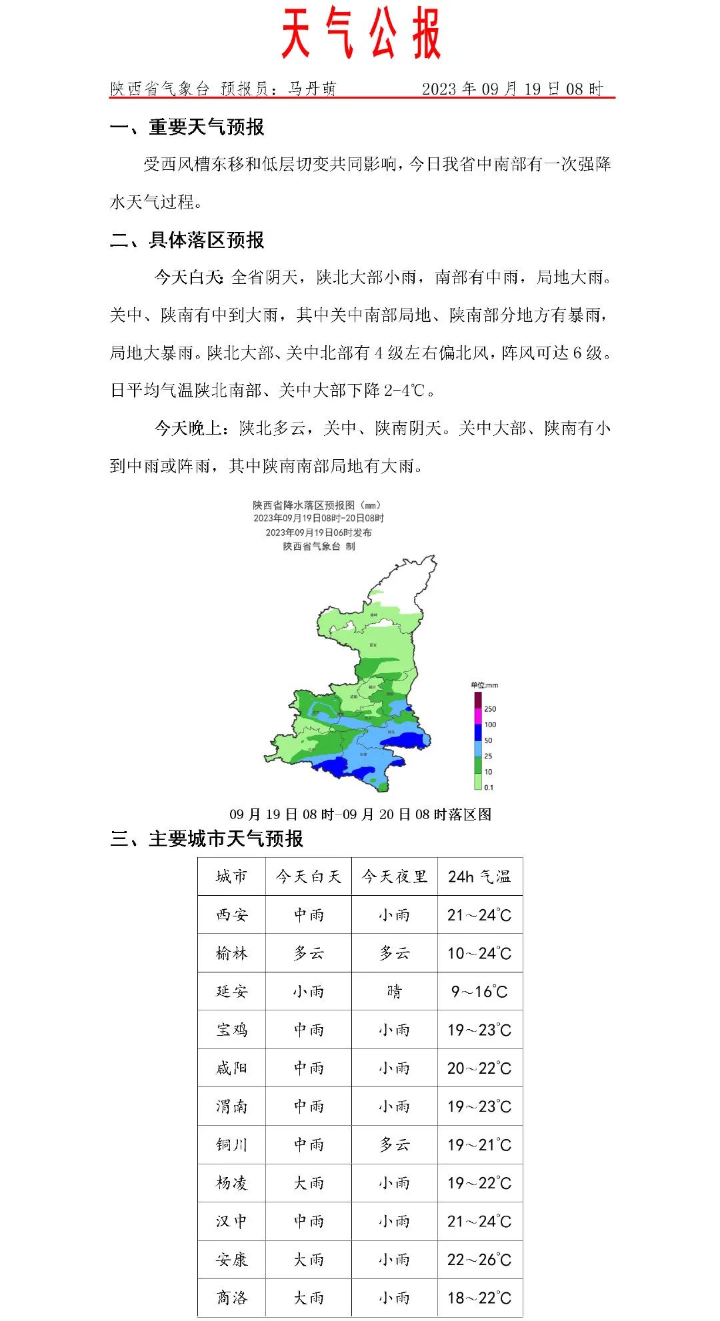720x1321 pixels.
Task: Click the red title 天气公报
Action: coord(361,33)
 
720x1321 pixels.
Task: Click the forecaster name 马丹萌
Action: coord(312,89)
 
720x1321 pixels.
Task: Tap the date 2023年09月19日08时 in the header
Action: coord(512,89)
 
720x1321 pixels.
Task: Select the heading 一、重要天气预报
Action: coord(187,127)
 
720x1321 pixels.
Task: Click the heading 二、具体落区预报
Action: coord(187,240)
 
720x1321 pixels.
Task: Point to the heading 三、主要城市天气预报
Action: coord(207,838)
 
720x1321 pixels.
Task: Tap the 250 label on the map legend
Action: coord(490,709)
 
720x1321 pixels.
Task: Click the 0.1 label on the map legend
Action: coord(489,787)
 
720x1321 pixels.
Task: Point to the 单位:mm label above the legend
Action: coord(485,685)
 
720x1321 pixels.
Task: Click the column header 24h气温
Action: coord(479,876)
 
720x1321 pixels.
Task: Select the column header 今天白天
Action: coord(309,876)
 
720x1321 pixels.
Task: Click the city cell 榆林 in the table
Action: coord(232,953)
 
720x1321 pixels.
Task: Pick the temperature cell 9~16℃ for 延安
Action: coord(479,992)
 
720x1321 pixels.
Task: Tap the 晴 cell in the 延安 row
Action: coord(395,992)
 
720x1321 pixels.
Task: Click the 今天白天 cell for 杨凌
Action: coord(309,1183)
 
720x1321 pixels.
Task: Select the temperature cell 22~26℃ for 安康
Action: coord(479,1260)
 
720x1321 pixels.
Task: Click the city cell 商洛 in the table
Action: coord(232,1298)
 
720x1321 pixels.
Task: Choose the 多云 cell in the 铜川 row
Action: coord(395,1145)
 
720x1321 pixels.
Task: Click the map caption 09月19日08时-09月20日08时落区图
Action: coord(361,814)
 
